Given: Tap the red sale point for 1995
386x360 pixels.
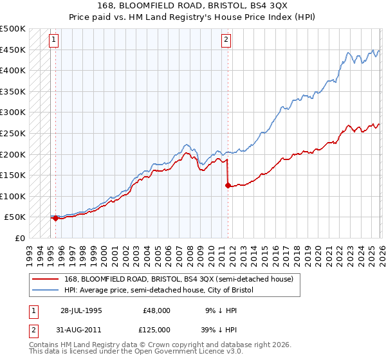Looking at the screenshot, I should pos(55,219).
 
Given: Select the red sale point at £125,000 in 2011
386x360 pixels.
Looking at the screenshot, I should pos(228,186).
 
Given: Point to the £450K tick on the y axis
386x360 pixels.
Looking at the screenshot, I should pos(13,50).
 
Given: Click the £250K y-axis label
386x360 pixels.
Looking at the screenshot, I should pos(13,133).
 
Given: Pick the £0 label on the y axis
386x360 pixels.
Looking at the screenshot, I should pos(19,238).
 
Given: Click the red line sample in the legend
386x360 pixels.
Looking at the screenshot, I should pos(46,279).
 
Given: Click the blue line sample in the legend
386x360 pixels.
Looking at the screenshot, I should pos(46,291).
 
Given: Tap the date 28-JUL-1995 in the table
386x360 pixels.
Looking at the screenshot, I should pos(81,310).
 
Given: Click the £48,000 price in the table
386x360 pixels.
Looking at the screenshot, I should pos(156,310).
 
